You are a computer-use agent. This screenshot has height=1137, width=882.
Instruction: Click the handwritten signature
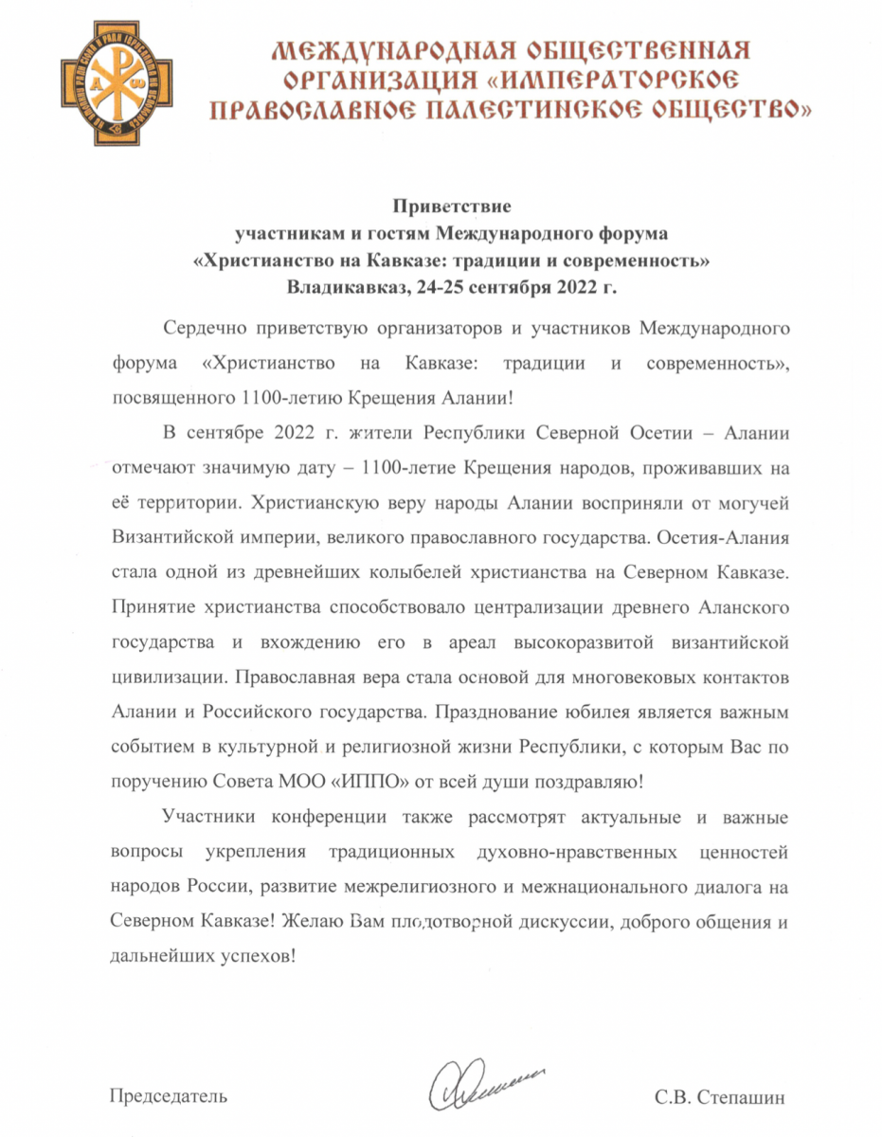click(481, 1081)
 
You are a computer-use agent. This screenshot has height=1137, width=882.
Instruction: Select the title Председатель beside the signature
click(169, 1097)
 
